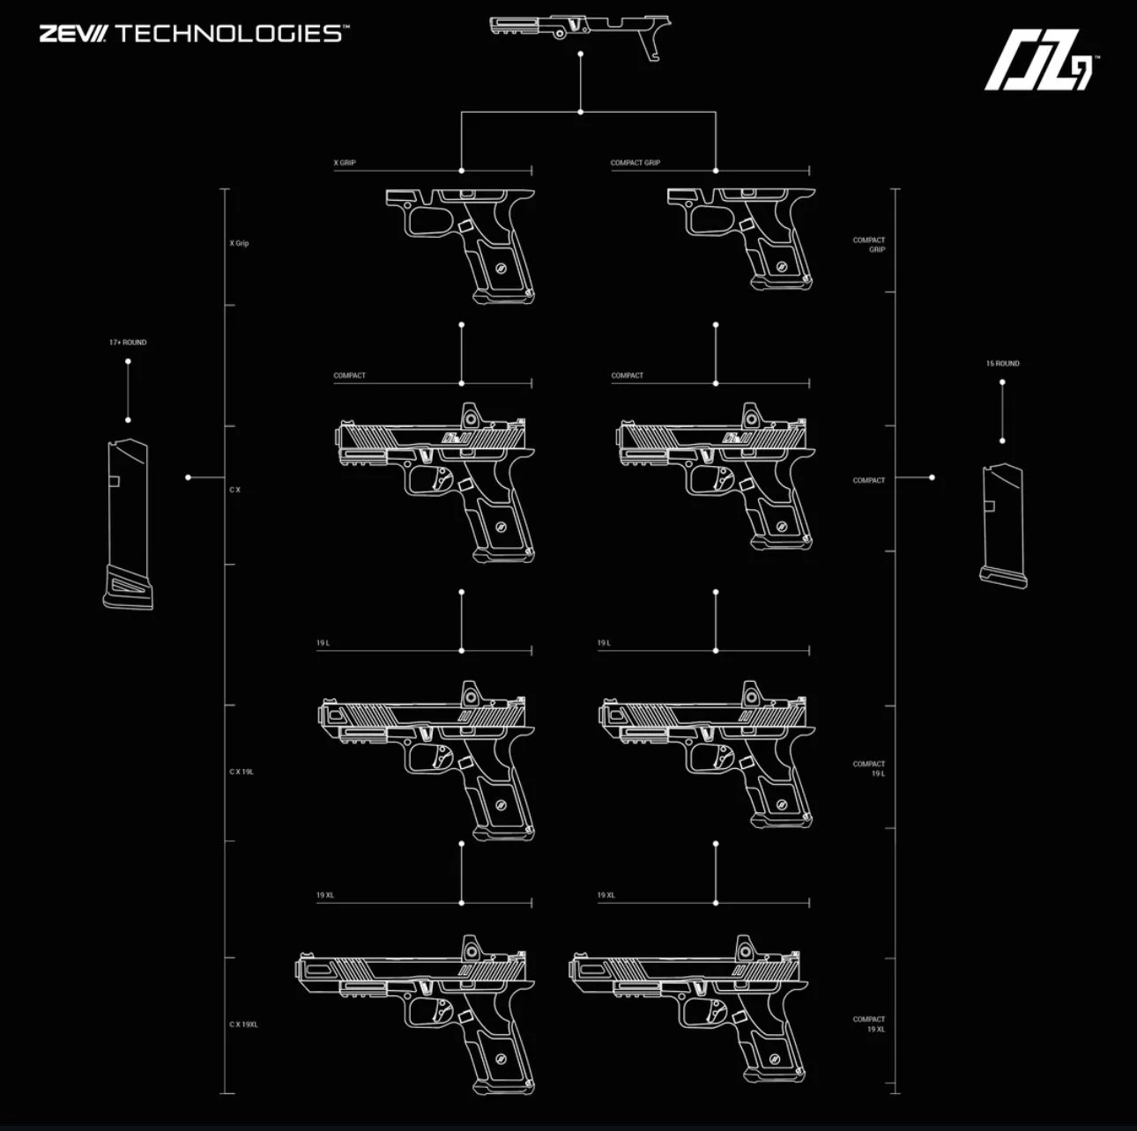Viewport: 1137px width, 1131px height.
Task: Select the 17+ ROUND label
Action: (128, 342)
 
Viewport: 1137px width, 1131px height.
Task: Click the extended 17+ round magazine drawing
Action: (128, 524)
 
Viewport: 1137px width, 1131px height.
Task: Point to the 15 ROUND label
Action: (1002, 363)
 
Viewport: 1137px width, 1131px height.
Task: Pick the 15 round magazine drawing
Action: (1004, 524)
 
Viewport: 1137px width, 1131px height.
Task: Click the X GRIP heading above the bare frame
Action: (345, 163)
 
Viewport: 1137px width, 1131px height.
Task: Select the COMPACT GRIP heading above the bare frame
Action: (635, 163)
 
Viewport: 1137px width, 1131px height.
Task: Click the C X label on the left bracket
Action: (234, 489)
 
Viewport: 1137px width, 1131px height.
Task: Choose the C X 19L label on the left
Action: (242, 772)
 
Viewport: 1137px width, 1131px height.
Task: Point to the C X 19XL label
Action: (243, 1024)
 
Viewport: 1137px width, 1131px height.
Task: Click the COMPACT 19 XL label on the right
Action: (869, 1024)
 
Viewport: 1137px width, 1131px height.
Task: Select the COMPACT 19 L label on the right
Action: (869, 768)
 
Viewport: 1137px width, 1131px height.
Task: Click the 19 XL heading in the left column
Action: (325, 895)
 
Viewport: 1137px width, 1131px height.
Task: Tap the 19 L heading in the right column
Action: (604, 643)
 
